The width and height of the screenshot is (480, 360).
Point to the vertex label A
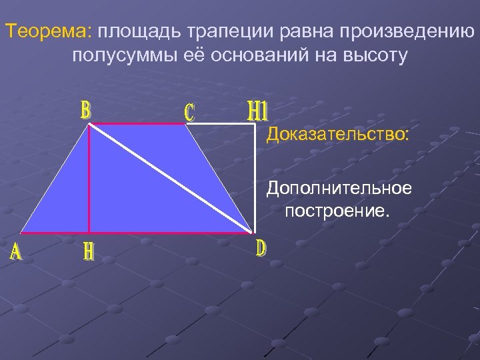(x=15, y=252)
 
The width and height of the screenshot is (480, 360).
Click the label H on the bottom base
(x=89, y=251)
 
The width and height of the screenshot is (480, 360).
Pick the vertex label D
(x=261, y=248)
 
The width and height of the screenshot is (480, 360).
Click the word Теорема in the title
(x=50, y=31)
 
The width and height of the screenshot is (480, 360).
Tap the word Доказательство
(x=339, y=135)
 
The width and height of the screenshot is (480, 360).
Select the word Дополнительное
(x=339, y=189)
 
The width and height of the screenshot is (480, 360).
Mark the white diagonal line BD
(x=171, y=179)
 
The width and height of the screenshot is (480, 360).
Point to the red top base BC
(x=137, y=124)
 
